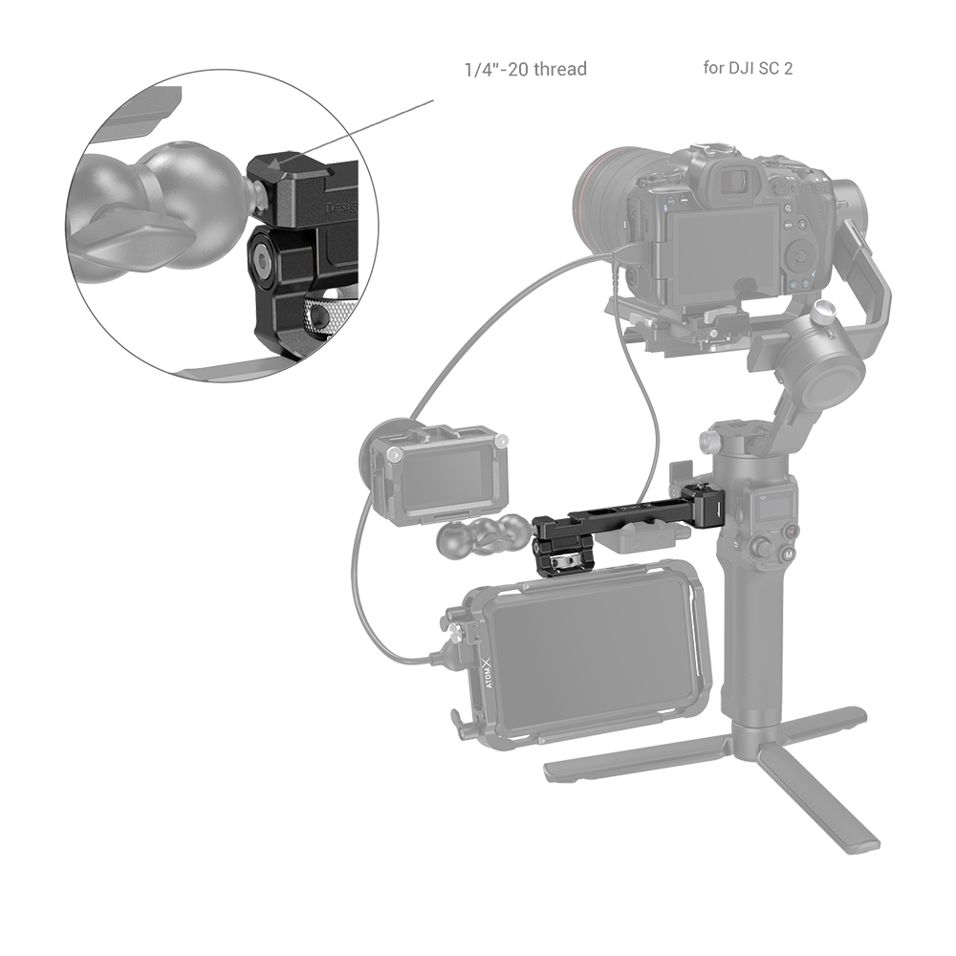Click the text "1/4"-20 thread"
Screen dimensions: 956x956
[525, 70]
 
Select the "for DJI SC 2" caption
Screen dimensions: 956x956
[747, 69]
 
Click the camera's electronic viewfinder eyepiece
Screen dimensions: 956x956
[735, 181]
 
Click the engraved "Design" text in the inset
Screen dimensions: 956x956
[342, 206]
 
